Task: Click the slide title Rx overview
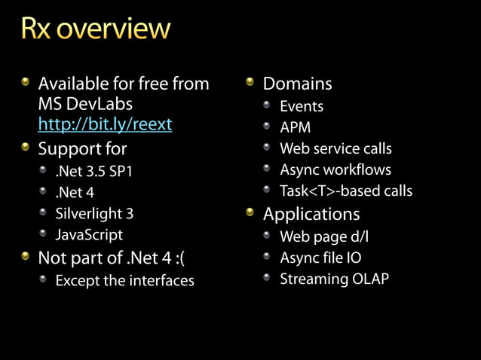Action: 96,29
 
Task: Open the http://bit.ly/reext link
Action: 105,124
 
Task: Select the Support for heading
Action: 82,148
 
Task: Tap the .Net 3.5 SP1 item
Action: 93,171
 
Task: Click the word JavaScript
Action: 88,235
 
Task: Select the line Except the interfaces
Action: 124,281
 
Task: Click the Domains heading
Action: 297,84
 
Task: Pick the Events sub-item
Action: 302,106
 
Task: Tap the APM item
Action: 296,127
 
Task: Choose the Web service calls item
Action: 335,148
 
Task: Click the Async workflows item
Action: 335,169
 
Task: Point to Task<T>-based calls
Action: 346,191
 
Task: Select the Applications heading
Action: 311,214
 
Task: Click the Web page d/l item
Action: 324,236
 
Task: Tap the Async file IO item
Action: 320,258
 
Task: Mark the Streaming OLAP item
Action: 335,279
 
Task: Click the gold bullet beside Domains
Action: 251,81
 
